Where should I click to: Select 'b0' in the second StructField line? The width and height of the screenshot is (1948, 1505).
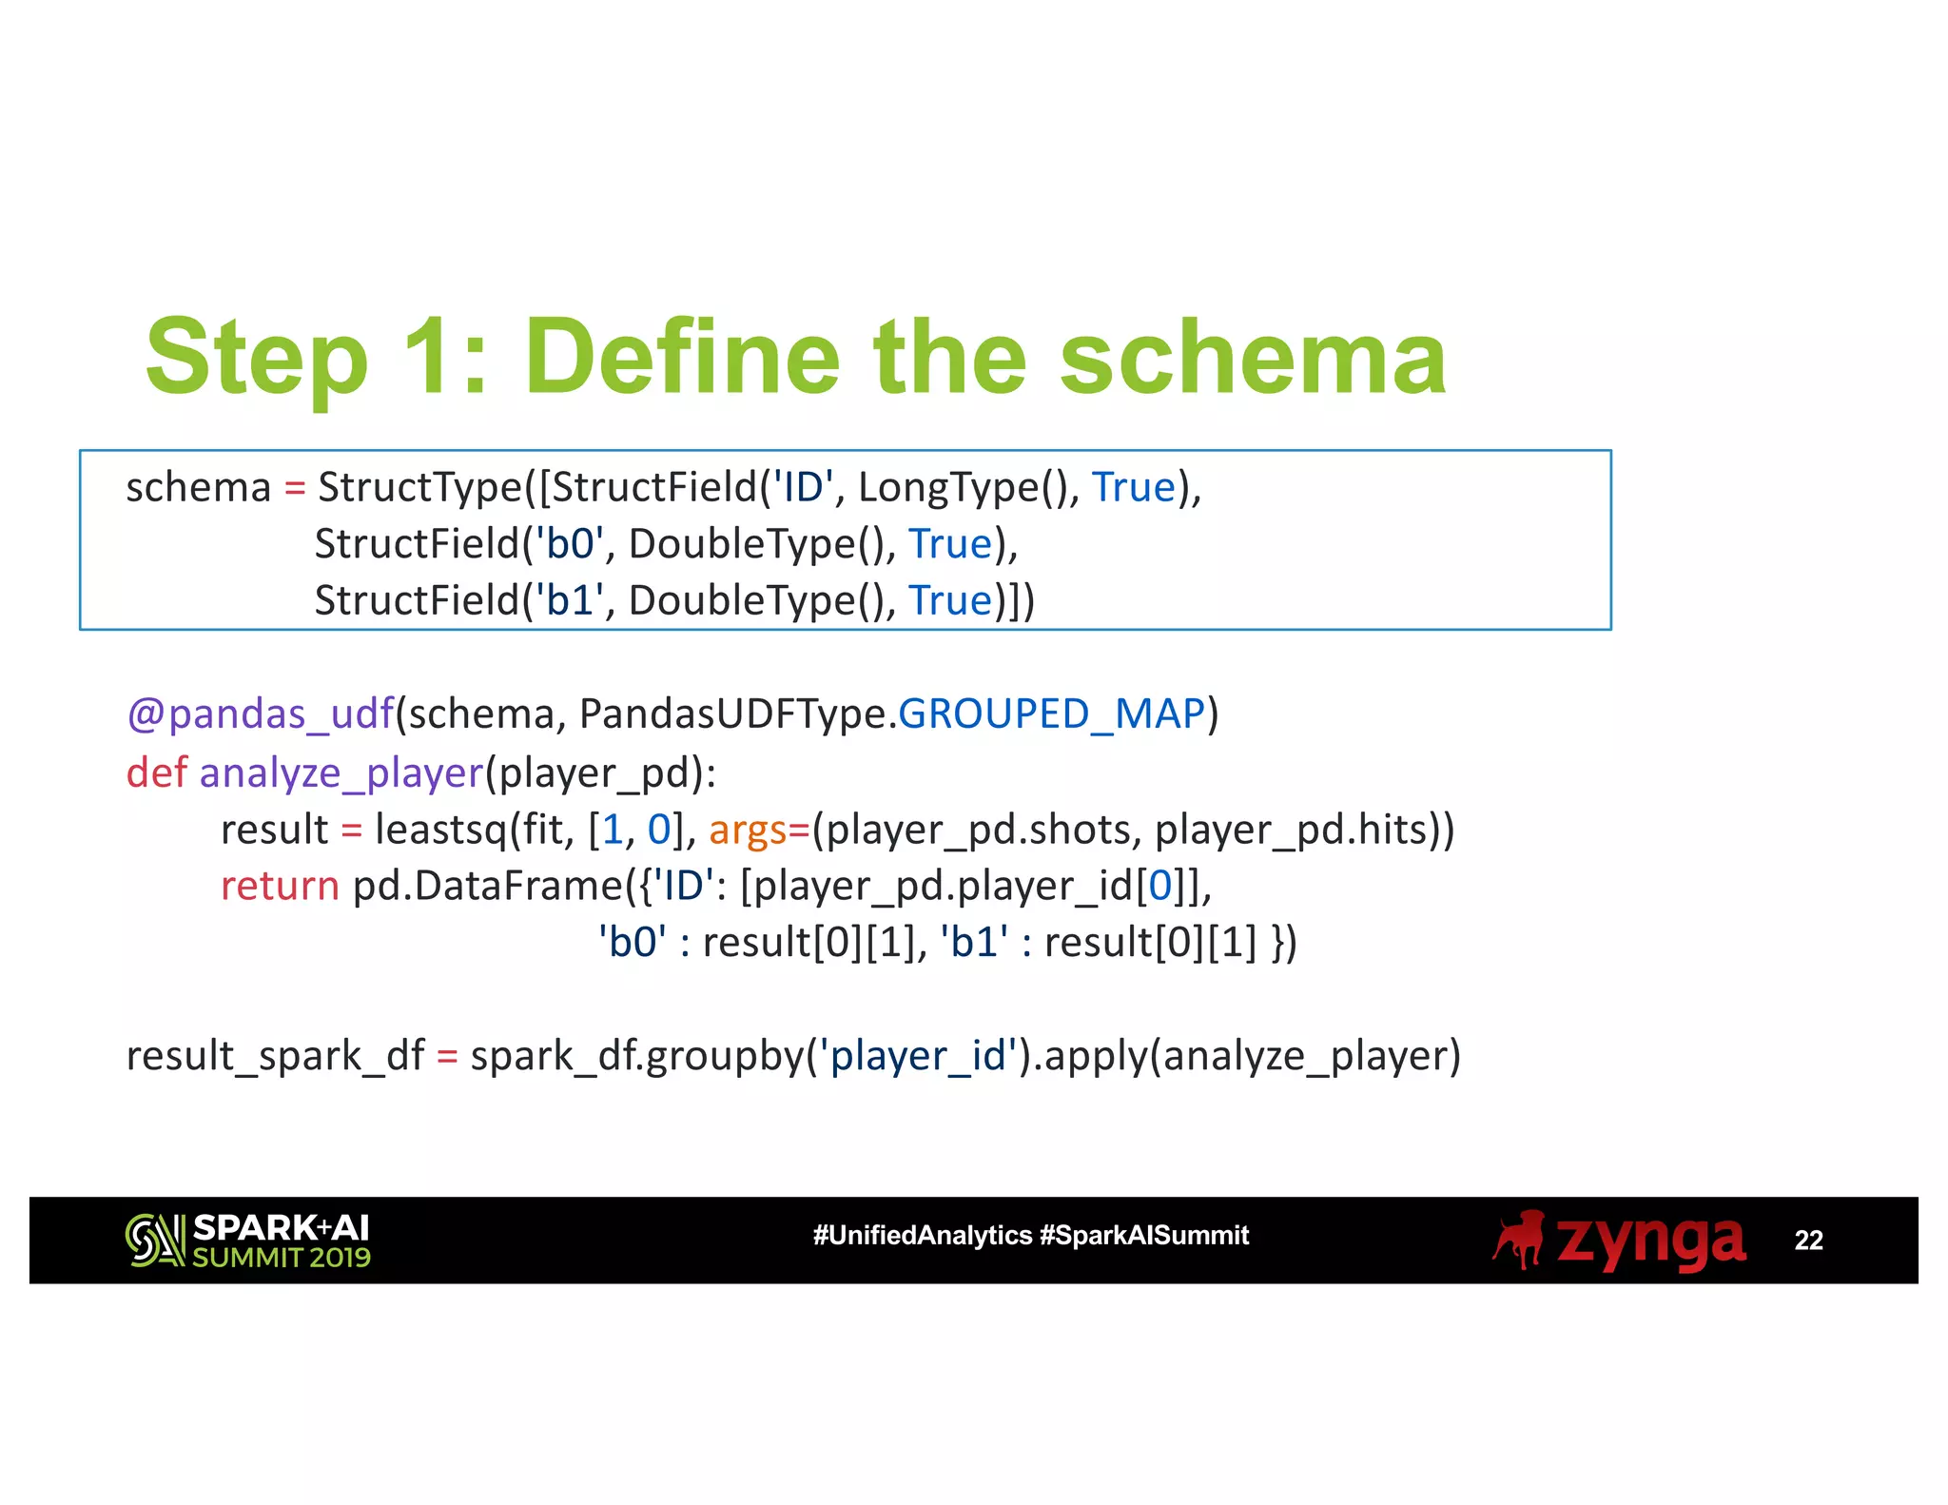570,544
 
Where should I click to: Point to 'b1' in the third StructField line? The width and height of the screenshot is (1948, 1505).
570,601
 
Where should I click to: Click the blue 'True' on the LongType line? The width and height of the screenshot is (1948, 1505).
1134,488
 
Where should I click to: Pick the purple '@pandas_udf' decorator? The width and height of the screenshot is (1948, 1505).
261,714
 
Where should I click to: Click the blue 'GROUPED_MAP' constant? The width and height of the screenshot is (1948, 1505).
1052,714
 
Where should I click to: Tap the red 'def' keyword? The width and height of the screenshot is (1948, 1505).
157,772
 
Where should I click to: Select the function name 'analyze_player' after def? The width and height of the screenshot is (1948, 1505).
341,772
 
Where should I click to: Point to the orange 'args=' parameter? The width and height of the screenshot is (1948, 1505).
758,830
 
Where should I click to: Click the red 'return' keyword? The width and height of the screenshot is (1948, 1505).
280,887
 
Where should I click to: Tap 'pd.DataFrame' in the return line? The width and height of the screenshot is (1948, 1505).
488,887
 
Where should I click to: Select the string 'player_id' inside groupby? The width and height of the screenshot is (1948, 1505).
918,1057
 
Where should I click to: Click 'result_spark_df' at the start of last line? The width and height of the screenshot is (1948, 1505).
275,1057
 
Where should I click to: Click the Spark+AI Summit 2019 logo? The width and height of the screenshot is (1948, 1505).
247,1241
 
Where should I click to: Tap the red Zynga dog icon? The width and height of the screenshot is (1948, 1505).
1519,1240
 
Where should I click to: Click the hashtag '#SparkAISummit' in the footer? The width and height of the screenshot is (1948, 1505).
1144,1236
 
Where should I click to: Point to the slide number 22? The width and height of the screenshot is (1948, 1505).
1807,1241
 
